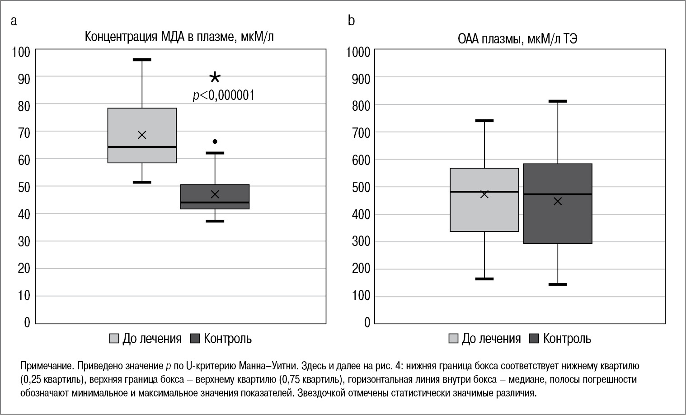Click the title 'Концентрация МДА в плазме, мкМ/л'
click(x=179, y=37)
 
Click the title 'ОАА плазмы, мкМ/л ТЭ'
click(x=517, y=39)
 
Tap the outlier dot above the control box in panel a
click(x=215, y=141)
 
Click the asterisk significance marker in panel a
click(x=215, y=78)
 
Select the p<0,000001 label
click(x=224, y=95)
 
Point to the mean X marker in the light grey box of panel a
click(x=142, y=135)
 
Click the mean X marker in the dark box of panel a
click(x=215, y=194)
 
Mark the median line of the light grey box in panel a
click(x=142, y=147)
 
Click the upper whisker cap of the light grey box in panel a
click(x=142, y=60)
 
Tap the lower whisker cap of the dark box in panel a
click(x=215, y=221)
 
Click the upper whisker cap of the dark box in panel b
click(x=558, y=101)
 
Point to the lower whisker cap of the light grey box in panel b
click(x=484, y=279)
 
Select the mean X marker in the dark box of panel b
click(x=558, y=201)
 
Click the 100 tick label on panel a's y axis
click(x=21, y=52)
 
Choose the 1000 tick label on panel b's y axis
click(x=358, y=52)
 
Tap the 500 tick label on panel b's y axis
click(x=361, y=187)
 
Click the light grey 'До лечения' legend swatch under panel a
click(x=115, y=339)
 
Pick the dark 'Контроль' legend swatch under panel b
click(x=535, y=339)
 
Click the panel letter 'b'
click(x=351, y=20)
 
